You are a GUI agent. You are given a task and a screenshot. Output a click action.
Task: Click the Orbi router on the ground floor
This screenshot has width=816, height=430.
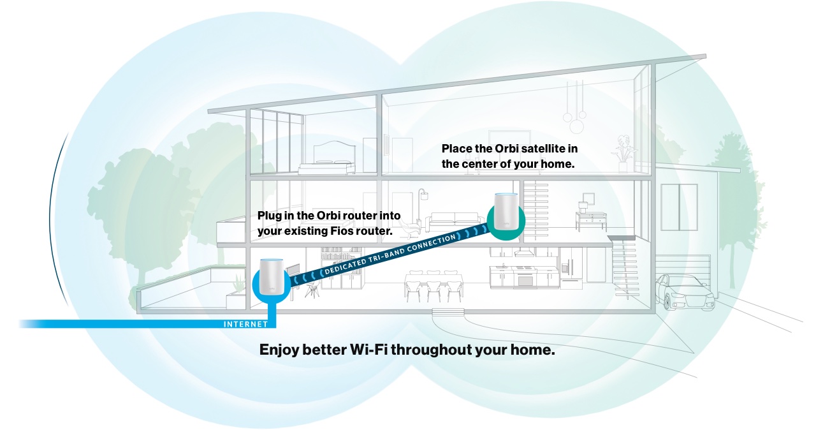pos(272,277)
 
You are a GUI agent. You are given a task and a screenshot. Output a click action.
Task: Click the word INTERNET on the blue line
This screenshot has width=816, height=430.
pos(245,324)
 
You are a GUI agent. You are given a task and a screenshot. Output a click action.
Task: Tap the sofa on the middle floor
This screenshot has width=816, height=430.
pos(454,222)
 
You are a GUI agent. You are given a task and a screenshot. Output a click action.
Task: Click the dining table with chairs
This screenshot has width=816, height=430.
pos(433,286)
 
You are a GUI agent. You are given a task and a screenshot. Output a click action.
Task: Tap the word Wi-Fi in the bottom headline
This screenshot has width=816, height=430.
pos(368,350)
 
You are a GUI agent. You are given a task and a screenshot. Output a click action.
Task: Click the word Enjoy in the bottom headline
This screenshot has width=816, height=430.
pos(279,350)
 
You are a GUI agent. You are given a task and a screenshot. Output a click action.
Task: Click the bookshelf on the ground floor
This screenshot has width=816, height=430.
pos(341,268)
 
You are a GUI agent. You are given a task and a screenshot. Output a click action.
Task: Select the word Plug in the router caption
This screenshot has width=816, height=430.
pos(269,216)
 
